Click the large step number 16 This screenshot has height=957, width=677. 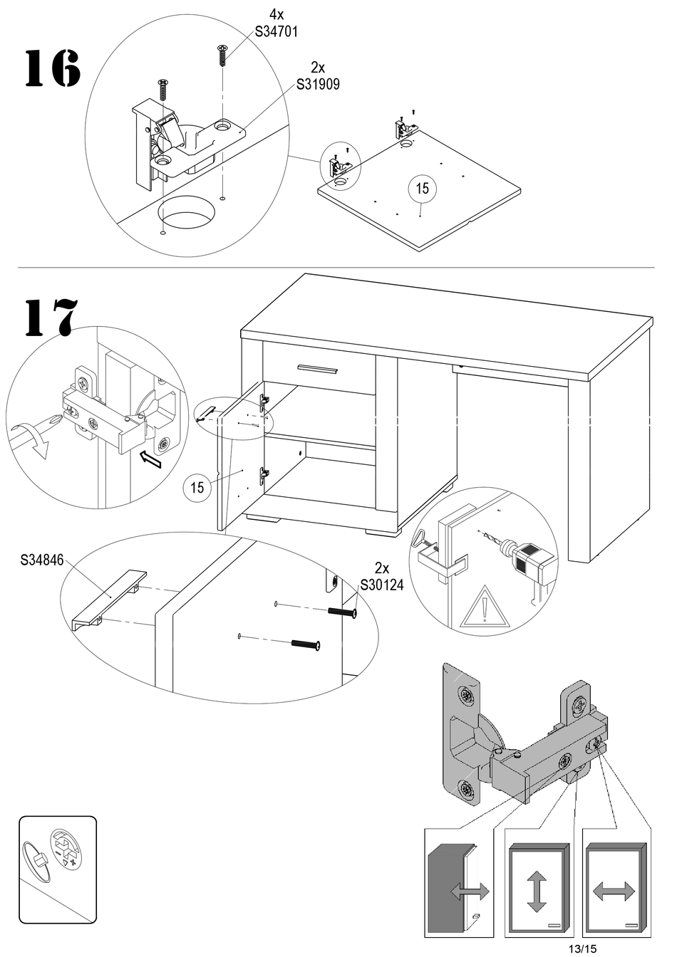[x=53, y=69]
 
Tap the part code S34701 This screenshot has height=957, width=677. [x=276, y=31]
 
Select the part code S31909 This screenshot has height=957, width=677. [x=318, y=84]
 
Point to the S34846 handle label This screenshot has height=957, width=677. [x=42, y=560]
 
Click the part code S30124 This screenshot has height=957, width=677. [x=381, y=585]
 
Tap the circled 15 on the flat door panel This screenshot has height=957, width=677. [x=423, y=188]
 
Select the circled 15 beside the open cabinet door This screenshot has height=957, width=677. [x=197, y=488]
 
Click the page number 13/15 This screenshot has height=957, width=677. [x=583, y=948]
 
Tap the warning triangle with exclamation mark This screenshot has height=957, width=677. [x=485, y=608]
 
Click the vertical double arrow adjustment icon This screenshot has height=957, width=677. [x=537, y=890]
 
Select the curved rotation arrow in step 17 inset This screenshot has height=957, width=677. [x=30, y=436]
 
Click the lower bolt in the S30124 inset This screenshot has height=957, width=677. [x=306, y=644]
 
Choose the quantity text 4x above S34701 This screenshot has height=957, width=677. [x=276, y=14]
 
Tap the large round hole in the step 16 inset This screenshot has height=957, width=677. [x=186, y=211]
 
